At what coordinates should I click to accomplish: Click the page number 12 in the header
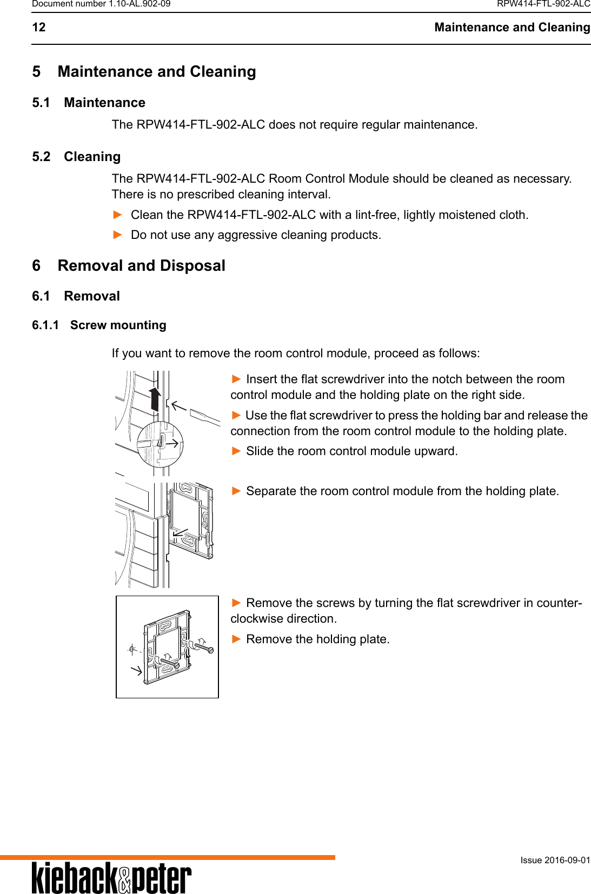(39, 28)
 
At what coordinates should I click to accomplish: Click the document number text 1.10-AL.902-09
(139, 4)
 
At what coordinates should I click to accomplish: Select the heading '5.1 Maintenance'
(89, 103)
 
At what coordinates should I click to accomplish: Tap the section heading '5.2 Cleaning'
(76, 157)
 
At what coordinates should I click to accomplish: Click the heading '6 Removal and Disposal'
(129, 266)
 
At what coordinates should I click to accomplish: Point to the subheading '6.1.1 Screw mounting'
(99, 325)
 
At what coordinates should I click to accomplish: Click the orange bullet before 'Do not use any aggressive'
(117, 235)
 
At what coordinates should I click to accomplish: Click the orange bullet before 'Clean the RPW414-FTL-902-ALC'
(117, 215)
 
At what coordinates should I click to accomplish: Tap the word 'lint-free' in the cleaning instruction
(377, 215)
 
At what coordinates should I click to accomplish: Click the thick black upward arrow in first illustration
(155, 398)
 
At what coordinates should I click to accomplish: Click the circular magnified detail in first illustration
(160, 444)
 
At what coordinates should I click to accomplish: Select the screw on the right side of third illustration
(204, 646)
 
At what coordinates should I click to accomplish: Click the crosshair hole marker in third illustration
(132, 650)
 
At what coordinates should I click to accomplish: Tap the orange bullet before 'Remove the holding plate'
(236, 639)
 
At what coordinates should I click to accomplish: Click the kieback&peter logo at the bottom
(111, 878)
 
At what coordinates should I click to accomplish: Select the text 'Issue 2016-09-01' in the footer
(555, 860)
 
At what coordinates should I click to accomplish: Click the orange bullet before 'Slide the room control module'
(236, 451)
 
